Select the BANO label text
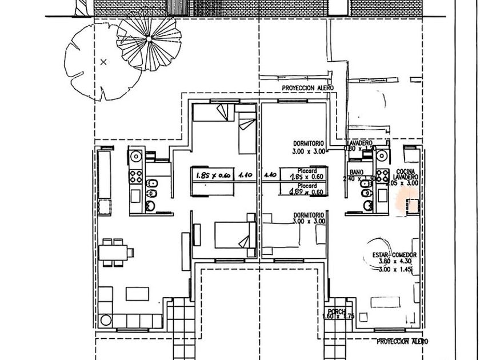pos(357,172)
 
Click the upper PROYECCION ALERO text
pos(307,88)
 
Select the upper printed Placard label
pos(306,170)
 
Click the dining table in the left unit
pos(113,252)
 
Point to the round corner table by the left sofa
pos(105,321)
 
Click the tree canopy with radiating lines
pos(149,41)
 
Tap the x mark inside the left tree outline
pos(103,62)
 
